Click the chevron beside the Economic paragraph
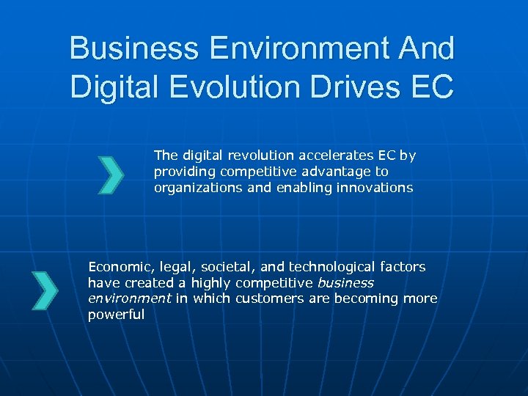pyautogui.click(x=45, y=290)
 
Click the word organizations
pyautogui.click(x=193, y=188)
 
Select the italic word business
pyautogui.click(x=346, y=283)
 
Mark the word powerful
pyautogui.click(x=116, y=315)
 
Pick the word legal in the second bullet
pyautogui.click(x=172, y=267)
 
